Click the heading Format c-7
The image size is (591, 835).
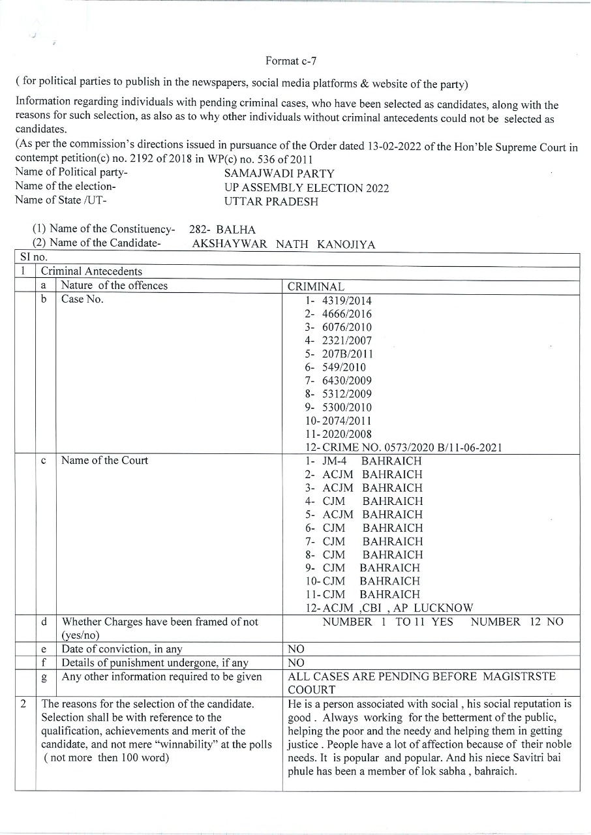click(291, 61)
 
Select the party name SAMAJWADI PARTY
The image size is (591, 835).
click(279, 174)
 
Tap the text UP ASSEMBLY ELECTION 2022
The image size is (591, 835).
click(306, 188)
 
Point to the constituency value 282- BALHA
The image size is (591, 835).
click(222, 230)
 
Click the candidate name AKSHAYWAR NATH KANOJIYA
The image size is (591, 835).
click(283, 244)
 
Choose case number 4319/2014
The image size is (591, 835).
click(347, 301)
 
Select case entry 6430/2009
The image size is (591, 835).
click(347, 381)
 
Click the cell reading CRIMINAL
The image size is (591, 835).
click(316, 287)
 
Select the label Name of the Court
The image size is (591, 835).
click(104, 461)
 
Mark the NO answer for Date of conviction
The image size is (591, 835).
click(296, 650)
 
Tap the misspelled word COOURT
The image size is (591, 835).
click(312, 690)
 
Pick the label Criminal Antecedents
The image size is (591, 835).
click(91, 271)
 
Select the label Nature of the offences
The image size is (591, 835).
click(114, 286)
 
